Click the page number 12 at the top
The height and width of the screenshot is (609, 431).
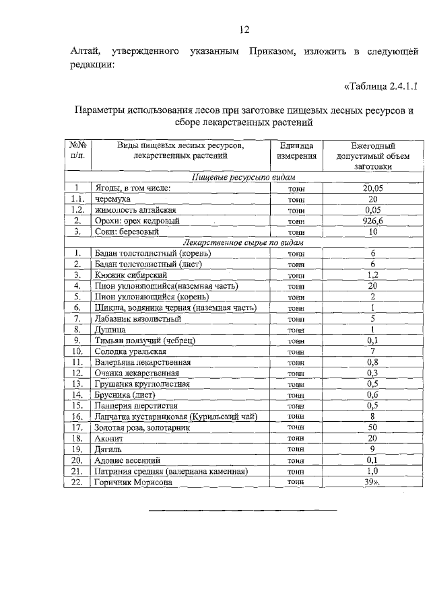pos(245,29)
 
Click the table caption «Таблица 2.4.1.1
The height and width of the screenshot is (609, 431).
pos(381,86)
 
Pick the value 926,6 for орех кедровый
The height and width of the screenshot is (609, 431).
pos(372,221)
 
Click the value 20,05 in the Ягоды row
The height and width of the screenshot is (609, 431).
pos(372,189)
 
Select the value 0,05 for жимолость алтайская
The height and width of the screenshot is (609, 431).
pos(372,210)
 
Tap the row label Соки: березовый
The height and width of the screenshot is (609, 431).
pos(127,231)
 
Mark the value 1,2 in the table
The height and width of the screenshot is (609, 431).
pos(372,275)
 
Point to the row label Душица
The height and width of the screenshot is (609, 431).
pos(109,330)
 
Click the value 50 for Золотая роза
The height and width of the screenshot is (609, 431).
pos(372,427)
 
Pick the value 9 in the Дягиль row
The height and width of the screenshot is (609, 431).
pos(372,449)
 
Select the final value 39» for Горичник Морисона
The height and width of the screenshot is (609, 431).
pos(372,482)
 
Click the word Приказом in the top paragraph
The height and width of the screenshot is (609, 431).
pos(270,52)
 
